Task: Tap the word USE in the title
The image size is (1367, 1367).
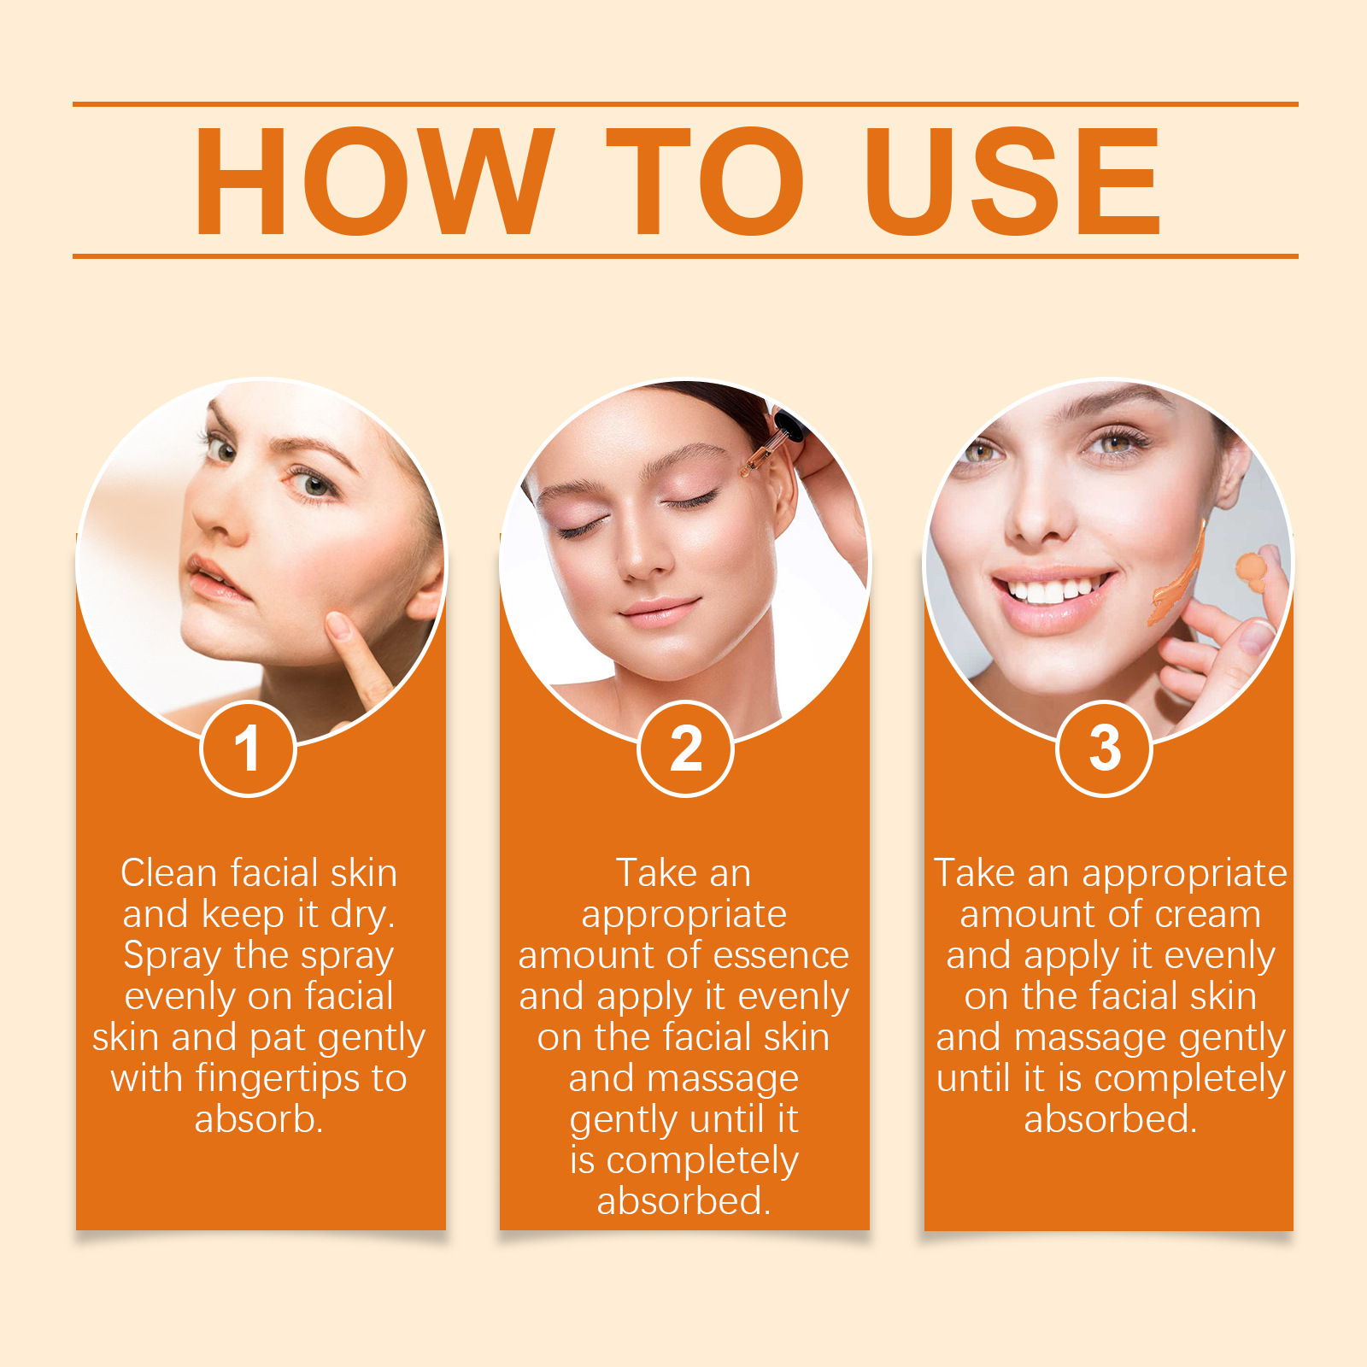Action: point(1012,180)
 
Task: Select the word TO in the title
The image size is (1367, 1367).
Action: point(706,180)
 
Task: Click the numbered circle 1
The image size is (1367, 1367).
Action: point(248,748)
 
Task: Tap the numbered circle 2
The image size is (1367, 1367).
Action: point(685,748)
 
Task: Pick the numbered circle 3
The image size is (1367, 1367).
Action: point(1105,748)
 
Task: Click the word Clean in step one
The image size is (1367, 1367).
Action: point(169,873)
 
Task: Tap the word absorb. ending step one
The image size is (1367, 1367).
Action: point(259,1119)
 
